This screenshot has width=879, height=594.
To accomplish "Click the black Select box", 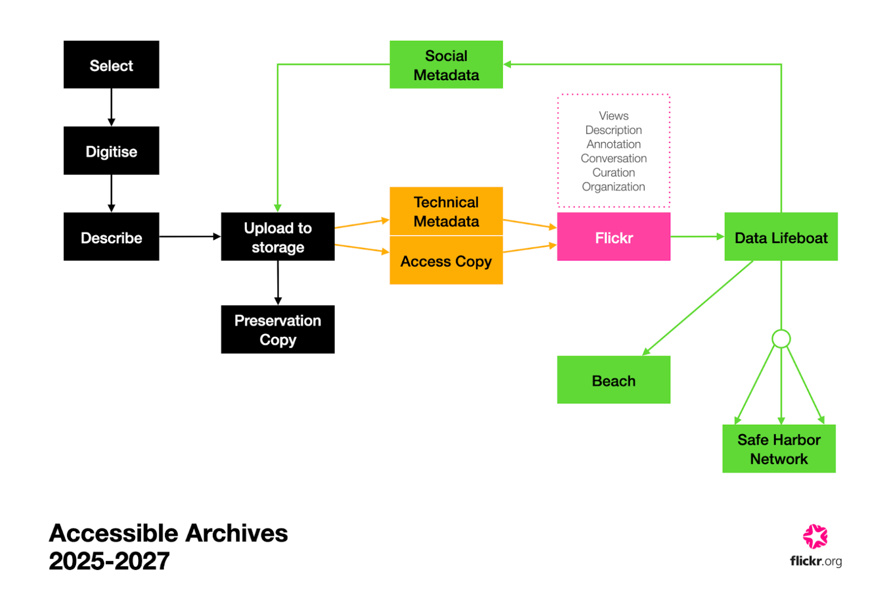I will [111, 64].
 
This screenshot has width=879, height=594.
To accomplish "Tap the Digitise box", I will [111, 151].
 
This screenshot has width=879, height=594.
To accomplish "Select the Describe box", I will [111, 237].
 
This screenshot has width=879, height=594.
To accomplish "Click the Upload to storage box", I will [278, 237].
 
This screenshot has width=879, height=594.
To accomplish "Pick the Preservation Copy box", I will [278, 329].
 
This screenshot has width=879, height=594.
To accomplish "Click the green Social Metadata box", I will [446, 64].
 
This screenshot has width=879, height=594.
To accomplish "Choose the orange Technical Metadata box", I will [446, 211].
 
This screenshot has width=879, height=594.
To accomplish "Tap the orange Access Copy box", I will [446, 261].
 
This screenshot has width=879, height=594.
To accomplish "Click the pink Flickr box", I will [613, 237].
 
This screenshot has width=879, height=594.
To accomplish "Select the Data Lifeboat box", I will [781, 237].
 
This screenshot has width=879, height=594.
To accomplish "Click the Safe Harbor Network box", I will [778, 449].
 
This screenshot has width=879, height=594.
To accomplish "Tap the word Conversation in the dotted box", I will [613, 158].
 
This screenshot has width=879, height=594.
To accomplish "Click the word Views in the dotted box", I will [613, 116].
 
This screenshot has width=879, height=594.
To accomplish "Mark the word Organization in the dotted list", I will [613, 186].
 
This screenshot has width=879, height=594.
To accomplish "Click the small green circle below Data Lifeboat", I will [781, 339].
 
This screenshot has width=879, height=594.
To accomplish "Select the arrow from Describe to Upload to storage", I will [190, 237].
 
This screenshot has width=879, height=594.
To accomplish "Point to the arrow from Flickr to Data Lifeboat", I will [697, 237].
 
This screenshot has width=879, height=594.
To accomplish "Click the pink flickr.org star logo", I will [815, 536].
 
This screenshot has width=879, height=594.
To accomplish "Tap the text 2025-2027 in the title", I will [109, 561].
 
